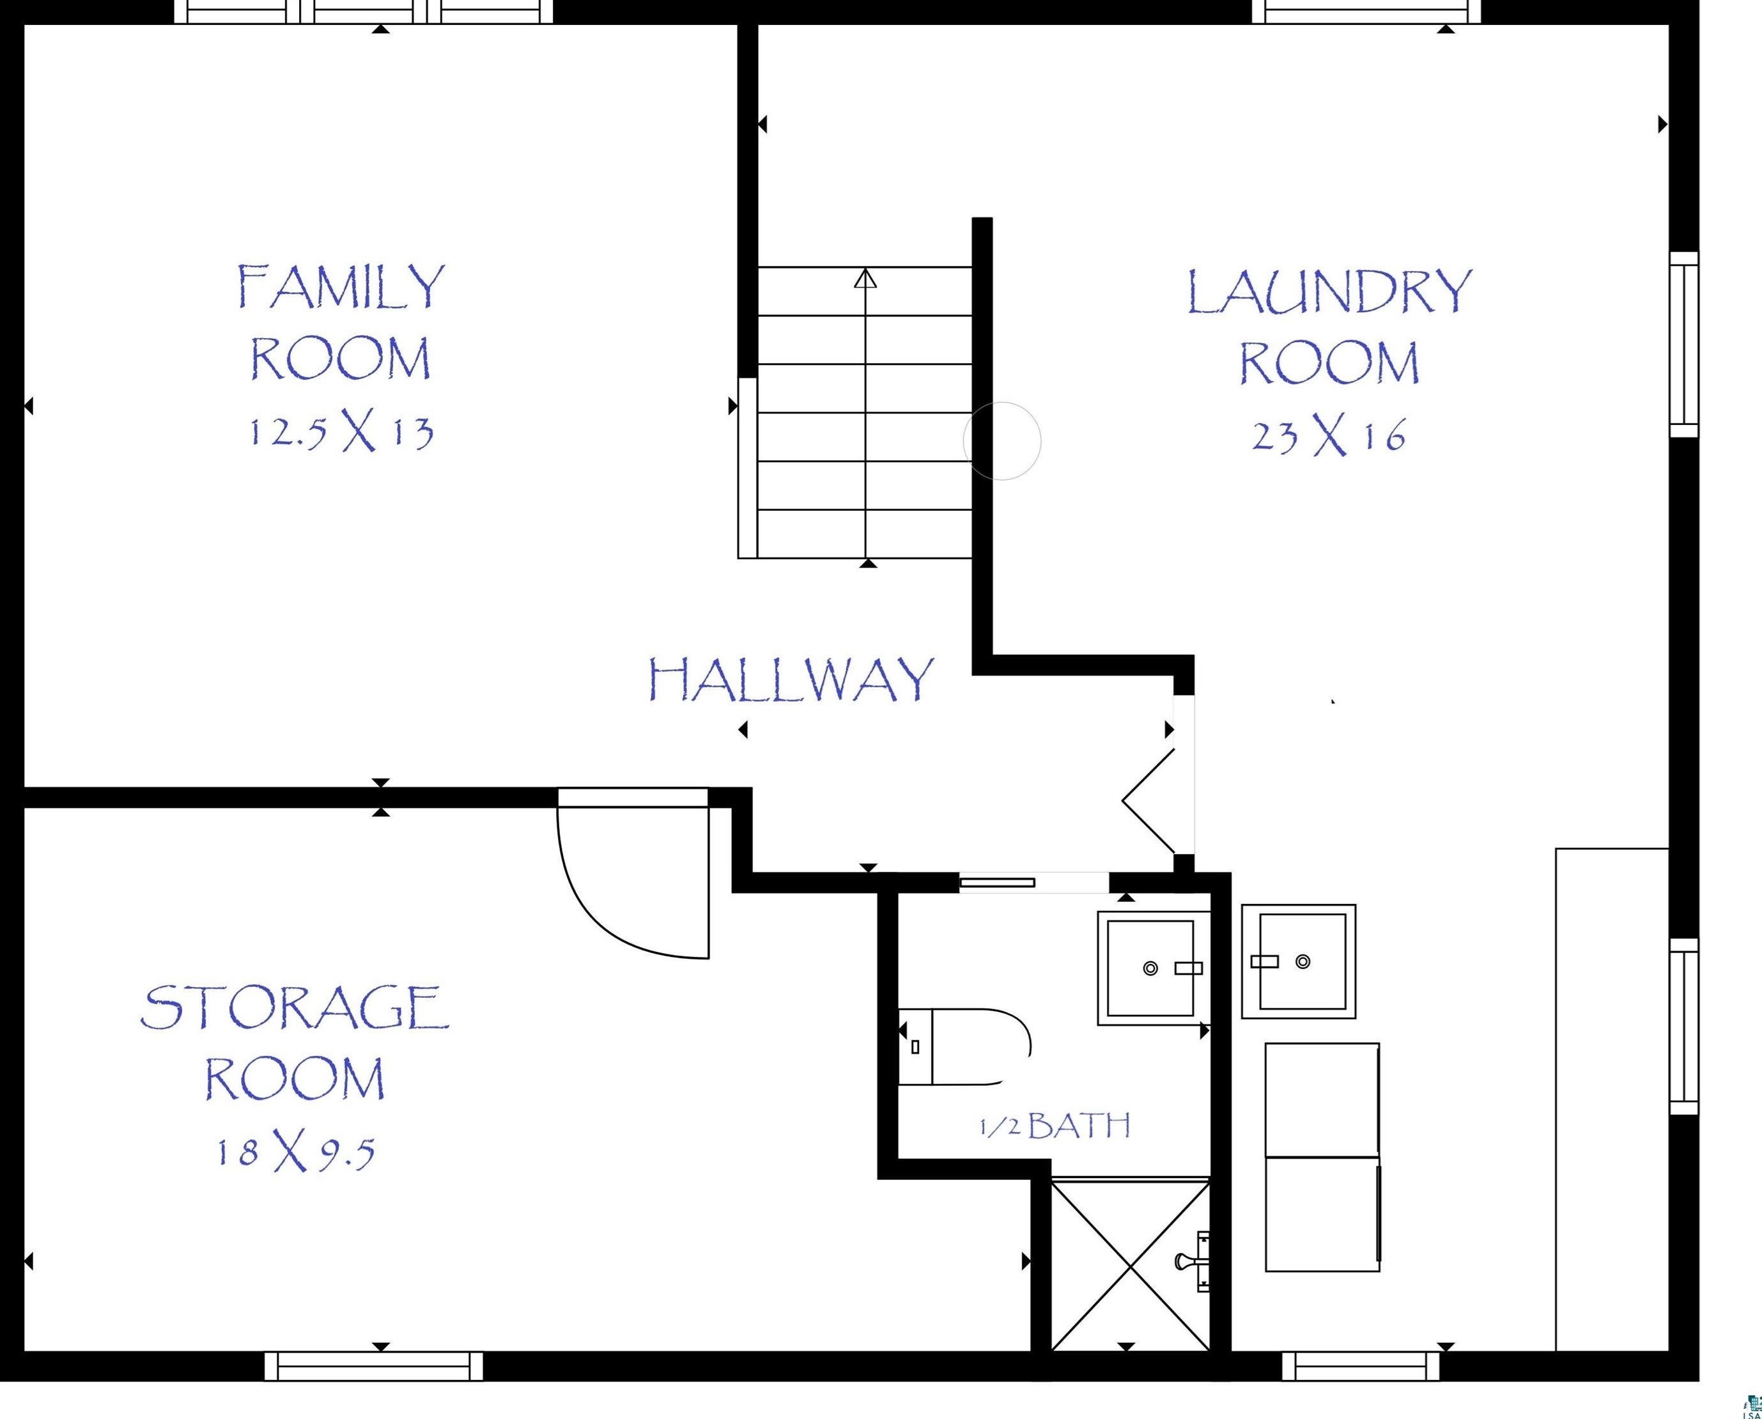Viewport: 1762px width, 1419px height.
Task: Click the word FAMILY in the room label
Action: pos(342,286)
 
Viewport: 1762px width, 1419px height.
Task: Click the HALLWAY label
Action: pos(791,680)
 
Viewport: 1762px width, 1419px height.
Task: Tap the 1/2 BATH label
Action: pos(1055,1126)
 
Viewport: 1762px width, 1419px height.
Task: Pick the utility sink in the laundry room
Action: pos(1299,961)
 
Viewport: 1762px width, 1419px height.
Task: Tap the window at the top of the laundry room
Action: pos(1366,12)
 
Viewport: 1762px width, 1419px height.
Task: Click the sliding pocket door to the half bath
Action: pos(997,882)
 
